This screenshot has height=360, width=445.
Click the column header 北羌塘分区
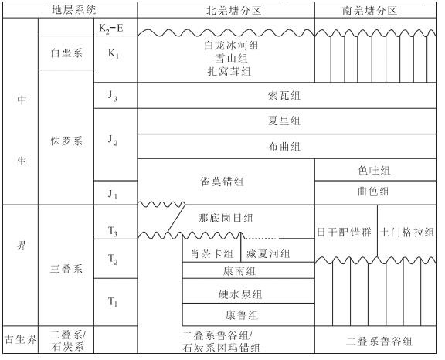[x=233, y=11]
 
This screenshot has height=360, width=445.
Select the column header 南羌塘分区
[x=369, y=11]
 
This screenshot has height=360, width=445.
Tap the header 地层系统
[x=74, y=10]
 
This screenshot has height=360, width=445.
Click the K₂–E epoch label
[x=111, y=28]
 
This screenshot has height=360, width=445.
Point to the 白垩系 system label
[x=66, y=53]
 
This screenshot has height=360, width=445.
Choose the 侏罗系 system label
[x=66, y=141]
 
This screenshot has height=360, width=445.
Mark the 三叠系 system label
[x=66, y=269]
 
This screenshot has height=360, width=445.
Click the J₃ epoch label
[x=113, y=96]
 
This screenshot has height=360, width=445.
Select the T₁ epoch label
[x=113, y=301]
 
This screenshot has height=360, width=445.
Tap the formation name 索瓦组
[x=284, y=96]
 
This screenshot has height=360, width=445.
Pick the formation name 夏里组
[x=284, y=121]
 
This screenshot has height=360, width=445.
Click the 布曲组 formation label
[x=284, y=146]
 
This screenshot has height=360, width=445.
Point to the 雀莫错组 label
[x=222, y=182]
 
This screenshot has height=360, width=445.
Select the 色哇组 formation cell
[x=374, y=171]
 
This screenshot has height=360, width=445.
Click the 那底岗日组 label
[x=226, y=218]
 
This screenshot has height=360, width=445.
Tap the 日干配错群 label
[x=344, y=232]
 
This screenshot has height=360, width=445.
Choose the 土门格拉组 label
[x=407, y=232]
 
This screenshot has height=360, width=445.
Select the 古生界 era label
[x=20, y=339]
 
